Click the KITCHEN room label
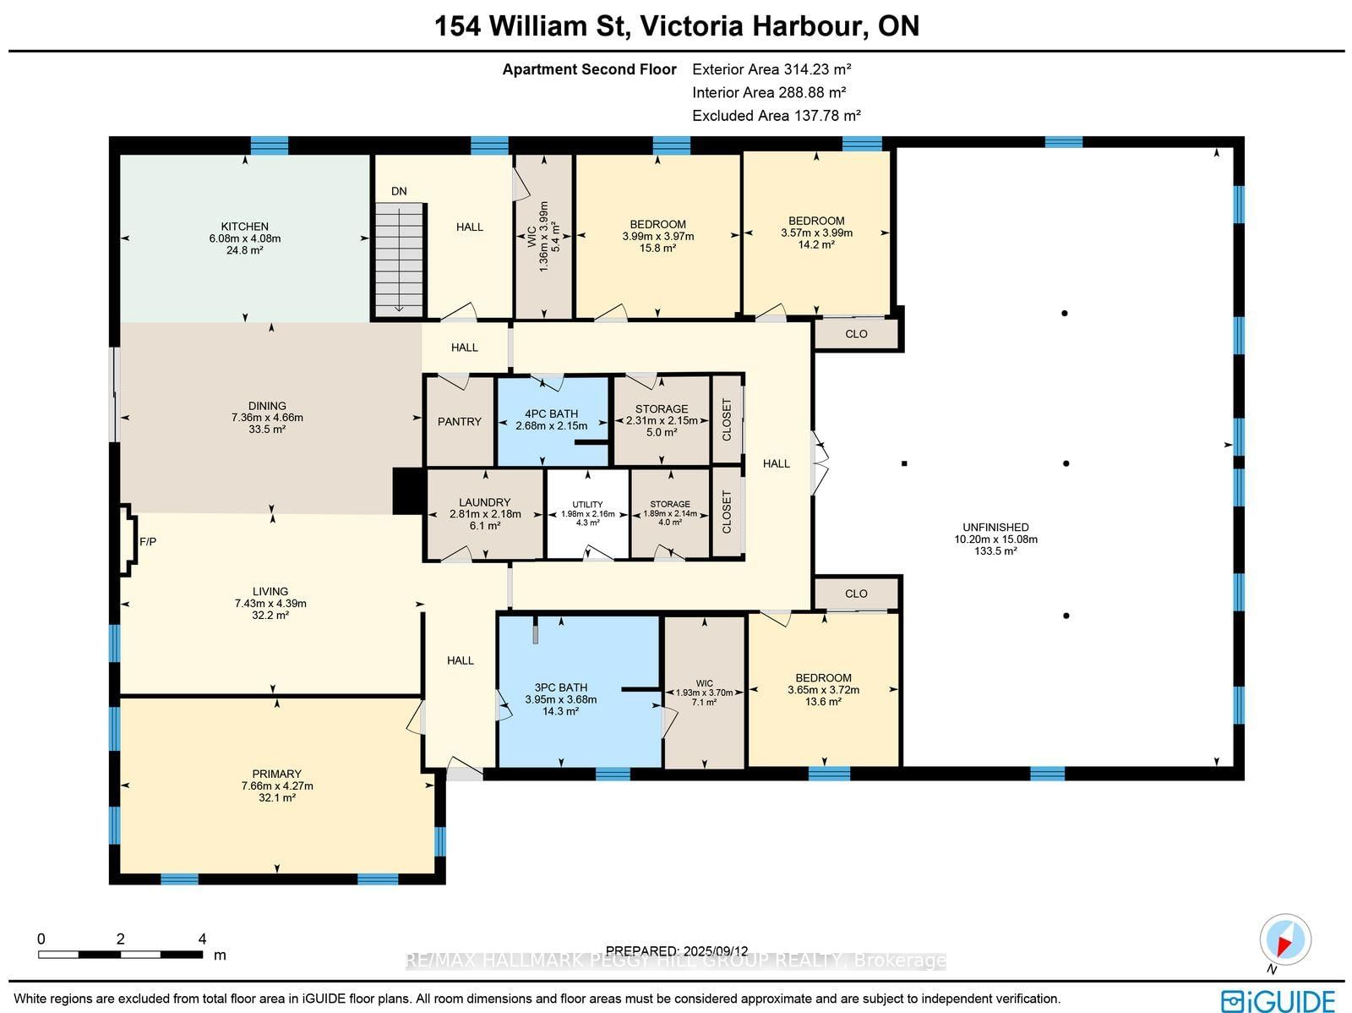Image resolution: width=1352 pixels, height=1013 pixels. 244,226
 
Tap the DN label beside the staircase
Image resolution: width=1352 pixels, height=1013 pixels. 399,191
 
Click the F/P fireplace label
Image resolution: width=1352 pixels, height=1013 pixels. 148,542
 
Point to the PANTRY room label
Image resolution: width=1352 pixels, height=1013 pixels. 460,421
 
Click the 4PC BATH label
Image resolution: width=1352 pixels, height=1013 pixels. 551,414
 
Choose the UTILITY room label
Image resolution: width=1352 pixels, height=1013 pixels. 587,504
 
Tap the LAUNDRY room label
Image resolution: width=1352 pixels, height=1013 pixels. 485,502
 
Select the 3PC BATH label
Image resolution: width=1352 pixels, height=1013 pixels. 560,687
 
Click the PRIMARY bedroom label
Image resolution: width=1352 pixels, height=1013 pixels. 276,774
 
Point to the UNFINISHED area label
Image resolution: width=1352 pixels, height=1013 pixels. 996,527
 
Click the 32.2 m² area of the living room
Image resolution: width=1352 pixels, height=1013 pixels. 270,615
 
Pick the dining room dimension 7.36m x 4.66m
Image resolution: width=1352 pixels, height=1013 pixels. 267,417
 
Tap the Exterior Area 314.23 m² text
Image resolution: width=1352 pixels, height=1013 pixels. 771,69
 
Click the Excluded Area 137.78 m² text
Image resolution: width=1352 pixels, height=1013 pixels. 776,115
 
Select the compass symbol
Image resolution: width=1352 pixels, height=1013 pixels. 1285,939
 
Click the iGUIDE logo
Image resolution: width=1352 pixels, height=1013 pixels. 1278,1000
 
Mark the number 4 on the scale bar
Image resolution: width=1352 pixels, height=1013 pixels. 202,939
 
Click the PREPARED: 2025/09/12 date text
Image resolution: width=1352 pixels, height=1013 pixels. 677,950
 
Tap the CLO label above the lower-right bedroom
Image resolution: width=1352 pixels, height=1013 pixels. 856,594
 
